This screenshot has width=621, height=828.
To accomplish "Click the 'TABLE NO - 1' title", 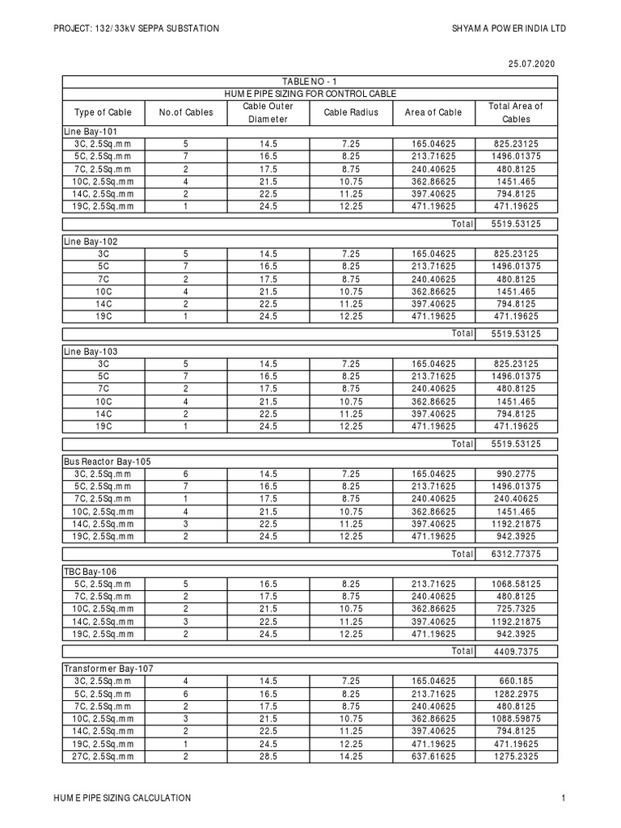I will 310,82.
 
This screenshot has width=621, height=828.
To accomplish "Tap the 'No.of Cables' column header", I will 186,112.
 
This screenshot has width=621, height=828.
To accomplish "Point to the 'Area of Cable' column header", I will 433,112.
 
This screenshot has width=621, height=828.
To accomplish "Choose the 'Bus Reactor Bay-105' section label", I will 108,461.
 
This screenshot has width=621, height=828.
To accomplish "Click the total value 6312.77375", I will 516,554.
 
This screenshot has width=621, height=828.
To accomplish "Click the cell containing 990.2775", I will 516,473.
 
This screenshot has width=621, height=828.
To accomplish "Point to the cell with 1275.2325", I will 516,757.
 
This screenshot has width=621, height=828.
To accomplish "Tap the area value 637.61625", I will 433,757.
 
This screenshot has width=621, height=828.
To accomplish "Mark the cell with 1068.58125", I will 516,583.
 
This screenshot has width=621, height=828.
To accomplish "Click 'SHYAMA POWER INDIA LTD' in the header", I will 509,29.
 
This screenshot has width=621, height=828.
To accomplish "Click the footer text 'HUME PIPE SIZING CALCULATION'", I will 122,798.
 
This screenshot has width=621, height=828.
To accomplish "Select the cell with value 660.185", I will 516,681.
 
